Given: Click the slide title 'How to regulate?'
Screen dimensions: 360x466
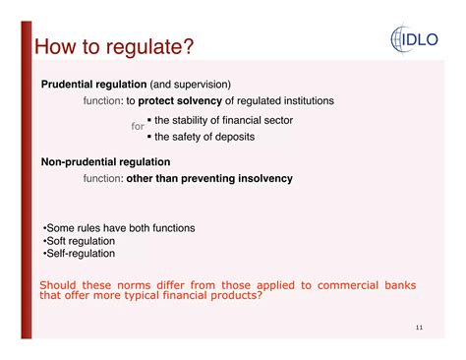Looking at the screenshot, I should (x=114, y=46).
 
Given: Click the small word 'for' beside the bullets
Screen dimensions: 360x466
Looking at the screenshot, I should (x=138, y=127).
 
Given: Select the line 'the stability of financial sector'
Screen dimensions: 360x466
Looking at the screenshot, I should (x=223, y=120).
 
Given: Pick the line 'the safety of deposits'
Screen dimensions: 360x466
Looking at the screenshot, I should (x=204, y=137).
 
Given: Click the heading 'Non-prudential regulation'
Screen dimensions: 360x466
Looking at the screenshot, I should (x=105, y=161).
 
